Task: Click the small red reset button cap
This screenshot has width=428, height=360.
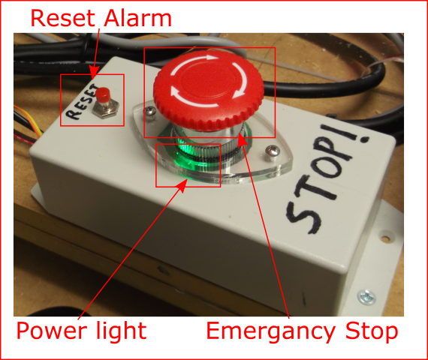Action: pyautogui.click(x=103, y=94)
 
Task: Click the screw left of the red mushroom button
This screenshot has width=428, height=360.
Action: pyautogui.click(x=150, y=111)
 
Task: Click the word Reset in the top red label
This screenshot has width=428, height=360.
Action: pyautogui.click(x=63, y=18)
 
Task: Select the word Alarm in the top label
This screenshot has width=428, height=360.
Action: pyautogui.click(x=138, y=18)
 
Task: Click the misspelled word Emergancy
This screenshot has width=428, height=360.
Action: pyautogui.click(x=271, y=331)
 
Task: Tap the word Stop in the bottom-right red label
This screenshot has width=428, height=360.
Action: pyautogui.click(x=372, y=331)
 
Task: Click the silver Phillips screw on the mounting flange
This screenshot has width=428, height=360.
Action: pyautogui.click(x=366, y=296)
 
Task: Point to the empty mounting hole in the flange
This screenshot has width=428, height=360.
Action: pyautogui.click(x=386, y=238)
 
